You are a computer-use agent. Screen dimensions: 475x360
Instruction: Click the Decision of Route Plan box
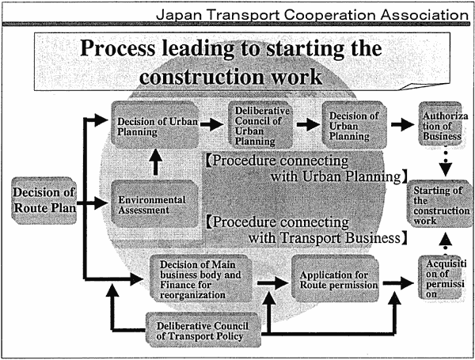tap(44, 201)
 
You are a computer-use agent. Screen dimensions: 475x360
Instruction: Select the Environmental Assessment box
tap(155, 204)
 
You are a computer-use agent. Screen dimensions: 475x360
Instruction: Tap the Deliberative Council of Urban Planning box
tap(260, 125)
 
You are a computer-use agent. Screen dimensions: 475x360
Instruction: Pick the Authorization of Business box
tap(441, 124)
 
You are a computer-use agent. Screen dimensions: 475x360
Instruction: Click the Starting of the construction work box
tap(439, 204)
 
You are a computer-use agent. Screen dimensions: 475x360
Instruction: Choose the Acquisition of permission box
tap(442, 278)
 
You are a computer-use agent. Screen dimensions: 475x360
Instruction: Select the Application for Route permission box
tap(335, 279)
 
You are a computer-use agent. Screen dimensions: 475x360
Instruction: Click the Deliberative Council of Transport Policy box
tap(203, 330)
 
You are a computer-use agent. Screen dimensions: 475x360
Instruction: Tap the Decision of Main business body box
tap(201, 279)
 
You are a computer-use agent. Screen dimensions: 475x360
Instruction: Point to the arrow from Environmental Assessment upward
tap(156, 162)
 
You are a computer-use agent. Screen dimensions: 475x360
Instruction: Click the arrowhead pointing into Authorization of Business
tap(407, 124)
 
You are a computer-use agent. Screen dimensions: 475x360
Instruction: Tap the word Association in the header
tap(424, 15)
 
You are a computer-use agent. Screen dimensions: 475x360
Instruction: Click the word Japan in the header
tap(178, 15)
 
